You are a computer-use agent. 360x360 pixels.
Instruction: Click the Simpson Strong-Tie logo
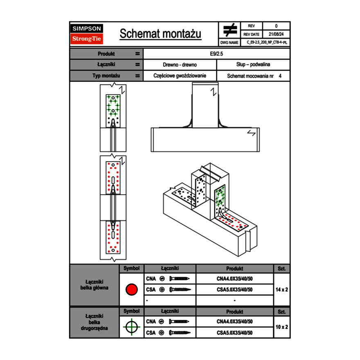(87, 34)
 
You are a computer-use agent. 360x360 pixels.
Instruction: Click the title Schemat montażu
(160, 34)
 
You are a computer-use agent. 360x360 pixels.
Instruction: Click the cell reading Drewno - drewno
(180, 65)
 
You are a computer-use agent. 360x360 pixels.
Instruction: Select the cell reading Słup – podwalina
(253, 65)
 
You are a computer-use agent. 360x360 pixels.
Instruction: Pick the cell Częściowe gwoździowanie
(180, 76)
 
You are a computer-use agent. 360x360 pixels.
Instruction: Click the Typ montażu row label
(106, 76)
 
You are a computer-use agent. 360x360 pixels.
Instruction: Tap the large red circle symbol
(131, 290)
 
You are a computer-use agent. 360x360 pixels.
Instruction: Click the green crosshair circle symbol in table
(131, 327)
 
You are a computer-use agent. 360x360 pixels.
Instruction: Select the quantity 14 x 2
(281, 290)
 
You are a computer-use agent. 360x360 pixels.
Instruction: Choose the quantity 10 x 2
(281, 327)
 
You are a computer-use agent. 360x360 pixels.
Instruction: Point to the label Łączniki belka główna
(94, 285)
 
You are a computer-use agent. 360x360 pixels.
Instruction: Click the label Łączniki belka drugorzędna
(94, 322)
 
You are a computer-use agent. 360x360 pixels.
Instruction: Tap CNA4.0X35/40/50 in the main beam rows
(234, 279)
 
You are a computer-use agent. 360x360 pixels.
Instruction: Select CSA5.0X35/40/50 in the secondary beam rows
(234, 333)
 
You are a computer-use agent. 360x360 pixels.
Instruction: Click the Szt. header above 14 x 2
(281, 269)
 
